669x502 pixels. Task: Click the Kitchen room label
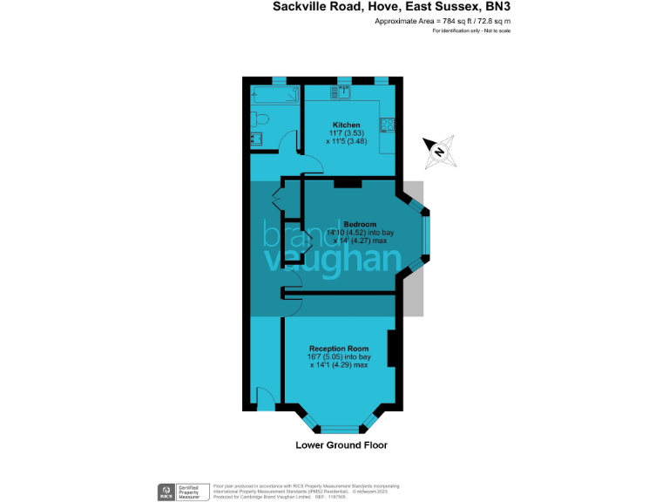346,124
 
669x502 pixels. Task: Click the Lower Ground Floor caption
341,445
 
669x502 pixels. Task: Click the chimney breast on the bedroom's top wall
348,181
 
